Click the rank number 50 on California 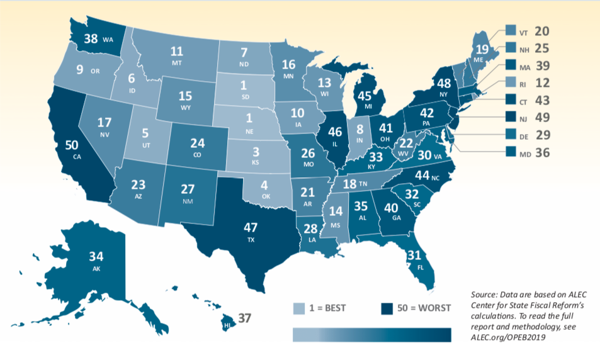[x=72, y=145]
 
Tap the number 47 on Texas [x=251, y=228]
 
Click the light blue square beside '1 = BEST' [x=299, y=308]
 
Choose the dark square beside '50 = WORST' [x=387, y=308]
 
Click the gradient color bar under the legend [x=371, y=335]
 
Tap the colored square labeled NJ [x=511, y=116]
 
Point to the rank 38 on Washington [x=91, y=38]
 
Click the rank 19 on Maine [x=482, y=50]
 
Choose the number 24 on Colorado [x=198, y=143]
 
